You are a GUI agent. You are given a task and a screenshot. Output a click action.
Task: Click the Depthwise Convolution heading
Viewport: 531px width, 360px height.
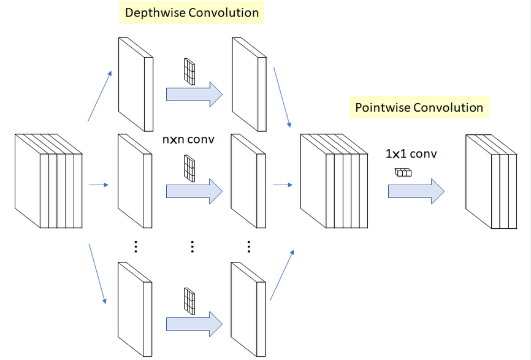(x=191, y=12)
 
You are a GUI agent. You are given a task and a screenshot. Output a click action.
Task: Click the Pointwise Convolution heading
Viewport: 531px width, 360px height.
(x=419, y=108)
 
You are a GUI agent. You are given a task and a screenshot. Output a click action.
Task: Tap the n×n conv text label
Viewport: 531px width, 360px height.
(x=188, y=139)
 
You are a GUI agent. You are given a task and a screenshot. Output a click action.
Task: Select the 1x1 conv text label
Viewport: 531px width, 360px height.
(x=411, y=154)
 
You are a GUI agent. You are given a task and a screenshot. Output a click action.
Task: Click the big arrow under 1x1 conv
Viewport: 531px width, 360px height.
(x=416, y=191)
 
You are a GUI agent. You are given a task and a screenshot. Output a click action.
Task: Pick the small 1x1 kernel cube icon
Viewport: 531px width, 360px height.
(x=403, y=172)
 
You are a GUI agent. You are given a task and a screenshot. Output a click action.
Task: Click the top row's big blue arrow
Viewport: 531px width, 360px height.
(x=194, y=94)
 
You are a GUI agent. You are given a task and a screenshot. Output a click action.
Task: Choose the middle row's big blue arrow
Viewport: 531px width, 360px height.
(x=194, y=191)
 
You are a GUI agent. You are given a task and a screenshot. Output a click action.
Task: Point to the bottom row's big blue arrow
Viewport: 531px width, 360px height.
(x=194, y=323)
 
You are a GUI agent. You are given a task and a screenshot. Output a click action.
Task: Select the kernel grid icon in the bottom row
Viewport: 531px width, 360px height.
(x=189, y=301)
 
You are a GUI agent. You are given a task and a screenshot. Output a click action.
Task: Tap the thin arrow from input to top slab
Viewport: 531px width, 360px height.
(x=100, y=95)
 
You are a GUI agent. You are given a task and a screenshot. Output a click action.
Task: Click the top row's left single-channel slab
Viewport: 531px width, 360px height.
(x=134, y=84)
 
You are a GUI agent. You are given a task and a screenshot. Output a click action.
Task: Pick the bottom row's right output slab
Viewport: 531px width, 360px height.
(x=248, y=308)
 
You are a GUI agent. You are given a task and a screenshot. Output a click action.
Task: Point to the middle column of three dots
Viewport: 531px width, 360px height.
(x=192, y=247)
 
